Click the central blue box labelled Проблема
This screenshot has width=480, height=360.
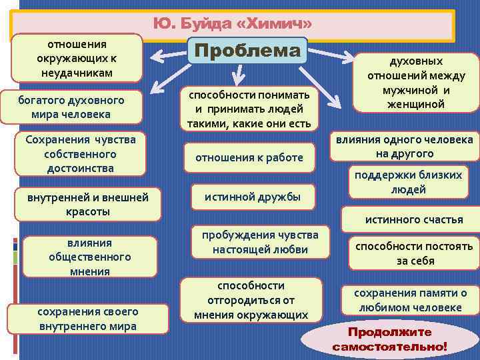point(247,50)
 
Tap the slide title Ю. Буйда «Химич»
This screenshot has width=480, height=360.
point(233,25)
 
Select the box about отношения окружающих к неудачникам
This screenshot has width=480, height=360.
point(77,58)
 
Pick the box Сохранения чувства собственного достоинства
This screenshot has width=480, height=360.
point(80,154)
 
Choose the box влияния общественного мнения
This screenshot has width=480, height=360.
point(90,257)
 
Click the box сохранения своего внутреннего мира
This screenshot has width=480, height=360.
point(88,319)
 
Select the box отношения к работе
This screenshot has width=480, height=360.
point(249,158)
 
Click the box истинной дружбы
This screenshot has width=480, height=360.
point(252,197)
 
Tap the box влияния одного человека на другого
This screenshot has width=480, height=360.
point(404,147)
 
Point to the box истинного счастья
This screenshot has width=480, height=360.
point(413,219)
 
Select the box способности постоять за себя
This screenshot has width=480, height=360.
point(413,253)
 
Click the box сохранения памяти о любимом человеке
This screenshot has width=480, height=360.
point(410,300)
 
